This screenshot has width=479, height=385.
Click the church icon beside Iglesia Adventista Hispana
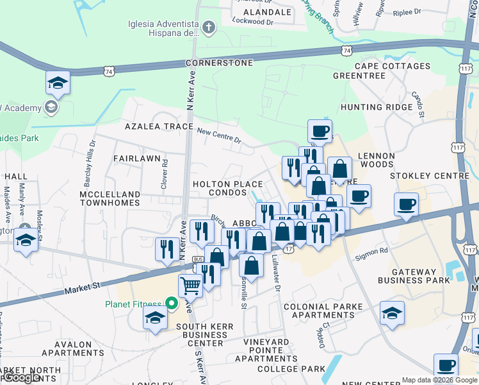[x=208, y=27]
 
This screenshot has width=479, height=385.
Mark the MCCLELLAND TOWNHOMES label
[x=110, y=198]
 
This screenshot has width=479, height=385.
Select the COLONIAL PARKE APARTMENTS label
[x=323, y=311]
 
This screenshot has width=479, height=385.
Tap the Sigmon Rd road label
[x=375, y=252]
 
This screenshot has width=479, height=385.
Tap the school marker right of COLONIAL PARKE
[x=392, y=313]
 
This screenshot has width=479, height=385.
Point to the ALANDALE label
[x=267, y=12]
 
